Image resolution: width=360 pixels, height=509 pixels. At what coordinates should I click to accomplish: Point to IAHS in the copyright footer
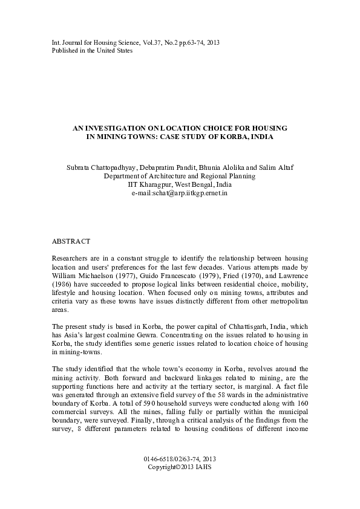click(x=202, y=468)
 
